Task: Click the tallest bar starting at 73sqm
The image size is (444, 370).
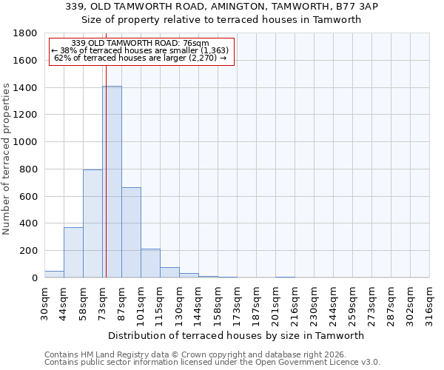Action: point(112,181)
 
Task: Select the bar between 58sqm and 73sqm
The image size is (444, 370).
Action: point(92,223)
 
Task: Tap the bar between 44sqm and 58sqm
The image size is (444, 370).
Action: point(73,252)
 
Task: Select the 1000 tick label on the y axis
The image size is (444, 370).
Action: point(26,142)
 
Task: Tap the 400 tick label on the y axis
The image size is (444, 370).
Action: point(29,223)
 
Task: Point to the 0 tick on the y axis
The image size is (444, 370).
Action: point(34,278)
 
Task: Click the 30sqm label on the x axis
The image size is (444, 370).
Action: point(45,302)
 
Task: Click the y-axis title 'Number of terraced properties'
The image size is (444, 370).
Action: point(7,159)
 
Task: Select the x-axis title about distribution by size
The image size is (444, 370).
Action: point(236,335)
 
